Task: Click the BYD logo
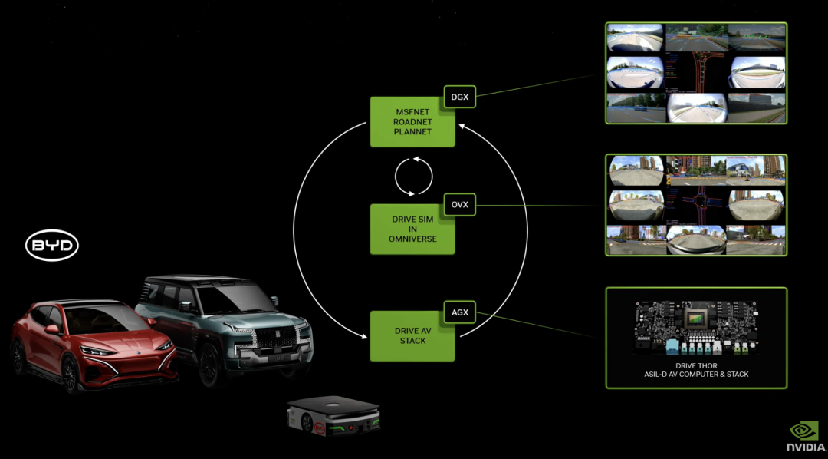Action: pyautogui.click(x=52, y=246)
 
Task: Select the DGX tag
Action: pyautogui.click(x=460, y=97)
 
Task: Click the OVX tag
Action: pyautogui.click(x=460, y=205)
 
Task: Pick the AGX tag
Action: pyautogui.click(x=460, y=312)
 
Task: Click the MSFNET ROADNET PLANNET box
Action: pyautogui.click(x=412, y=121)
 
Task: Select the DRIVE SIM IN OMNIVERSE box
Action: pyautogui.click(x=412, y=229)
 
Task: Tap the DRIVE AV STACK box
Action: pyautogui.click(x=412, y=336)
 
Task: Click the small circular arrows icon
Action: pyautogui.click(x=413, y=175)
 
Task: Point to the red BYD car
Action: pyautogui.click(x=92, y=345)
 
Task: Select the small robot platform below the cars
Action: pyautogui.click(x=333, y=418)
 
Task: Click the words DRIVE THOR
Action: pyautogui.click(x=696, y=366)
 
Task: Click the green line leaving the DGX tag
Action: pyautogui.click(x=537, y=85)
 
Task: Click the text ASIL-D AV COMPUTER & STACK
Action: pyautogui.click(x=696, y=375)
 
